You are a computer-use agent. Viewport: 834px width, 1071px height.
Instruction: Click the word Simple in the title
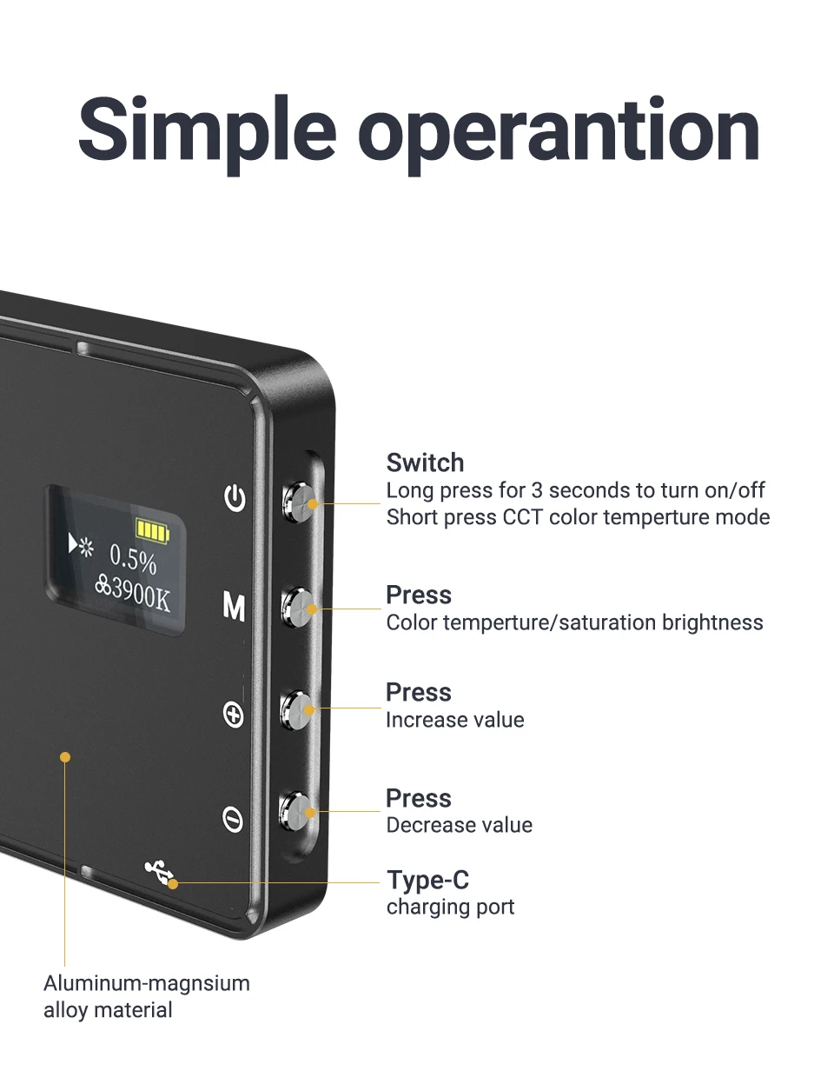point(207,133)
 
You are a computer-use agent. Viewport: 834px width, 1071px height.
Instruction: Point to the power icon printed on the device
point(235,498)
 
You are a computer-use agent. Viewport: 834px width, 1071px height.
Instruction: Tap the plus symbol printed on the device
point(234,715)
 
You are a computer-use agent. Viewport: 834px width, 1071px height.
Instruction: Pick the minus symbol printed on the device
point(233,819)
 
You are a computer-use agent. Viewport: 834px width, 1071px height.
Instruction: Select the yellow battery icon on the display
point(154,529)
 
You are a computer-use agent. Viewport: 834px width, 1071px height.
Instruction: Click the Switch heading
point(425,462)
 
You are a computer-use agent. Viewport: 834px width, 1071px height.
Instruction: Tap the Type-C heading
point(427,880)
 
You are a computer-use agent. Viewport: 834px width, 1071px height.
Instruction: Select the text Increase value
point(454,720)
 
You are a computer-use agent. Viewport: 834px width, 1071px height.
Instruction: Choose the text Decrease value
point(459,825)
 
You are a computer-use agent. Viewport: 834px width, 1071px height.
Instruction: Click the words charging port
point(450,907)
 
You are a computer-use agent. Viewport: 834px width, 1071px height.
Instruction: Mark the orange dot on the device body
point(64,757)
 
